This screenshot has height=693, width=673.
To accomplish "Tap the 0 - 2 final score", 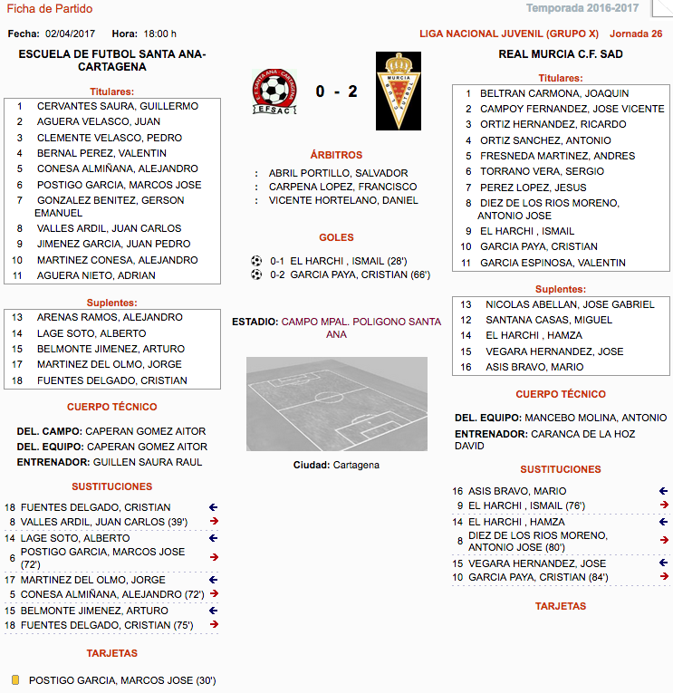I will tap(336, 91).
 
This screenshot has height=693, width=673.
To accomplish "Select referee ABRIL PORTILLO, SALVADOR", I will tap(338, 173).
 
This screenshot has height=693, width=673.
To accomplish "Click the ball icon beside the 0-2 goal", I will tap(256, 274).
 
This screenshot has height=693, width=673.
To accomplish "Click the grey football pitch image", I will tap(336, 404).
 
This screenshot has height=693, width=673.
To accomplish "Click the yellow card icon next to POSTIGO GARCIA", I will tap(15, 679).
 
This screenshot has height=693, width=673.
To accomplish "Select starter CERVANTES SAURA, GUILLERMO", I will tap(117, 106).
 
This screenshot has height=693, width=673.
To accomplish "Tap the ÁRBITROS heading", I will tap(336, 155).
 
